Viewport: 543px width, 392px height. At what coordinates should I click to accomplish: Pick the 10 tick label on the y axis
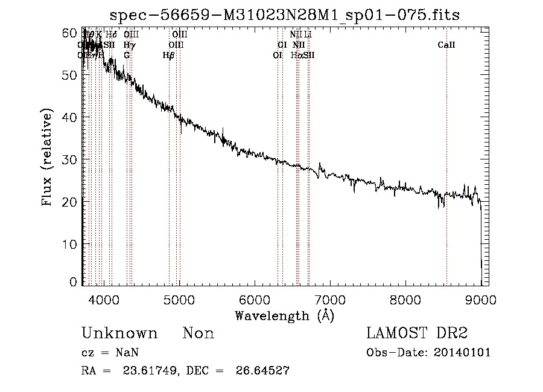[71, 244]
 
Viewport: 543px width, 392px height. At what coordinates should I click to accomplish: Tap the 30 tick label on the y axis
[71, 159]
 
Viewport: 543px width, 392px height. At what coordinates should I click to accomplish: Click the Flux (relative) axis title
[48, 158]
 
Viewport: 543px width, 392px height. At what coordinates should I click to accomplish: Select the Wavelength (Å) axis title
[284, 315]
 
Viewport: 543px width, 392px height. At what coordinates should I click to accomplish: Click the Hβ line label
[169, 55]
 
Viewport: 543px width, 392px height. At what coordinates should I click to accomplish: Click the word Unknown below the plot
[119, 334]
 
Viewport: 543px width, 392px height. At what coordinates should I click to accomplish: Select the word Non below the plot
[198, 334]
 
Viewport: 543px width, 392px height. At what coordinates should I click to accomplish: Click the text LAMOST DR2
[417, 334]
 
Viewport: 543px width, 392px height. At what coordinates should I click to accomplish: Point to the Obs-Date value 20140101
[463, 353]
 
